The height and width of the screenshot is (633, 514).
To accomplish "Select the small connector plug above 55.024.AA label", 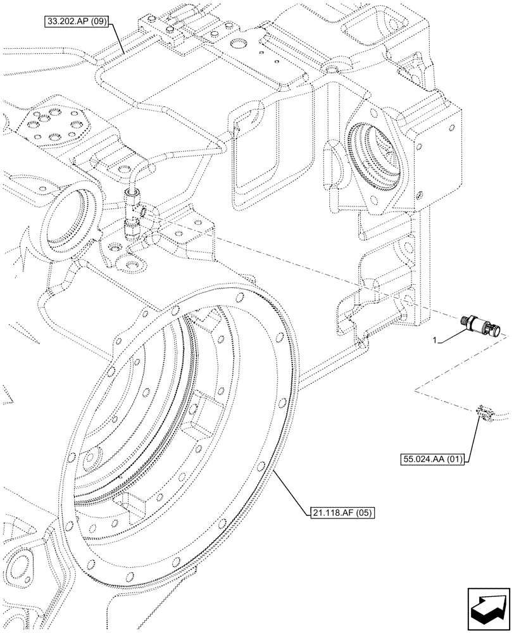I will pos(486,413).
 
